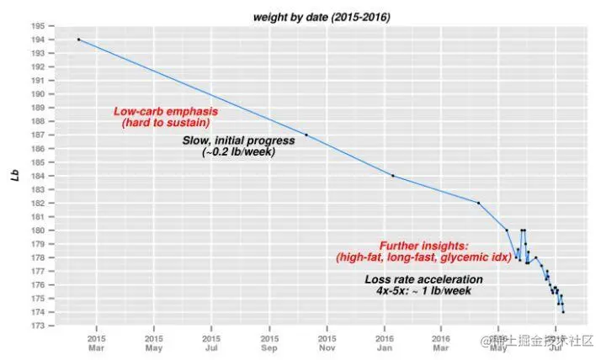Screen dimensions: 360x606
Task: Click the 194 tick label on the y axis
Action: pos(39,40)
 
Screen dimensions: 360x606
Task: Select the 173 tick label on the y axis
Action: pos(39,326)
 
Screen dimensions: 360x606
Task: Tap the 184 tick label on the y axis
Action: pos(39,176)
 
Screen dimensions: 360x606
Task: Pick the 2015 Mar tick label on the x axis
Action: pos(97,344)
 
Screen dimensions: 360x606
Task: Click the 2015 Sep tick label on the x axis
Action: pos(269,344)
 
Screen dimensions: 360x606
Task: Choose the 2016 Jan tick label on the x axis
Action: pos(384,344)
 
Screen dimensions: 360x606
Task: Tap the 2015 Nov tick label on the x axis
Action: pos(327,344)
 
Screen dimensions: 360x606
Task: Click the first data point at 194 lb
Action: pos(78,40)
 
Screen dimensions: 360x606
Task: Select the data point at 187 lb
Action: pos(306,135)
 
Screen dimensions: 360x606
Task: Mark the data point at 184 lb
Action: pos(393,176)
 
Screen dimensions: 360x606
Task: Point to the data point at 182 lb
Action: pos(478,203)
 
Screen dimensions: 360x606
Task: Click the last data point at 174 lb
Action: pos(563,312)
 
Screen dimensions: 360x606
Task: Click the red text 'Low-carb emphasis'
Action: pos(166,112)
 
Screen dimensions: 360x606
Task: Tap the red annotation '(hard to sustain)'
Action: pos(166,124)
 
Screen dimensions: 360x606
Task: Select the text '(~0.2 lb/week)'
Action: pos(238,152)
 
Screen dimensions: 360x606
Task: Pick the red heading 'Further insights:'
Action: pos(418,244)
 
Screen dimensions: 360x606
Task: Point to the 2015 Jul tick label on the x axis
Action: pos(212,344)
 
